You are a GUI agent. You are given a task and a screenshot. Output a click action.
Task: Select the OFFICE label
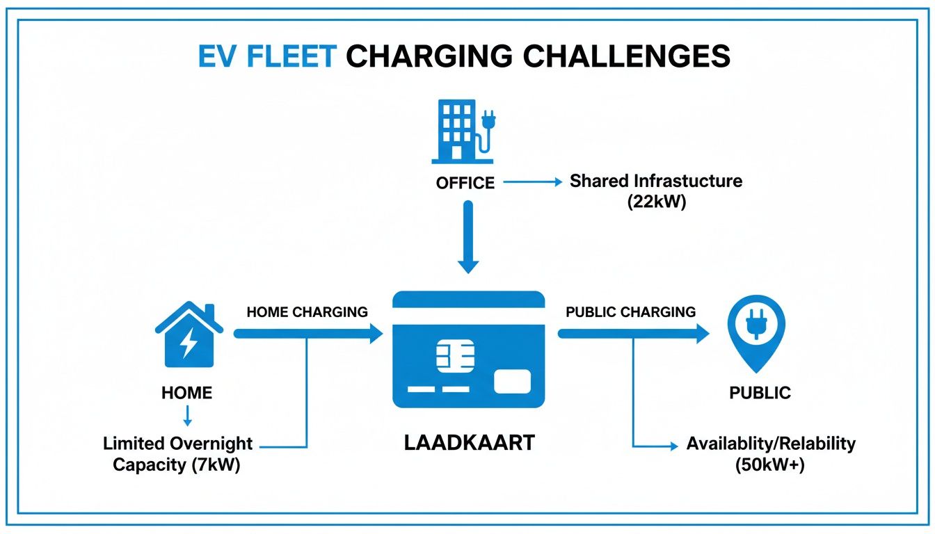[x=465, y=183]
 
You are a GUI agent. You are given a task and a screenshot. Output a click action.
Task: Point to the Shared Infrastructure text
[x=656, y=181]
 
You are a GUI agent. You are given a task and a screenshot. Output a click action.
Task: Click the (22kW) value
[x=656, y=203]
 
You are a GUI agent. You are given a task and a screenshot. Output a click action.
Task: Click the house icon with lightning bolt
[x=189, y=335]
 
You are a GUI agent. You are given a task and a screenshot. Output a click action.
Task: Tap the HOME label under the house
[x=186, y=393]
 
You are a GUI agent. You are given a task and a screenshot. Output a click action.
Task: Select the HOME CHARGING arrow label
[x=307, y=312]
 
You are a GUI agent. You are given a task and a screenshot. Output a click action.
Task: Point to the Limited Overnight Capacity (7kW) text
[x=177, y=454]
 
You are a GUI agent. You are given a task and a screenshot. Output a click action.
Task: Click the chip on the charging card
[x=451, y=357]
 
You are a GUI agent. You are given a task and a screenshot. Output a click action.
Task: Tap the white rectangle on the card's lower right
[x=512, y=381]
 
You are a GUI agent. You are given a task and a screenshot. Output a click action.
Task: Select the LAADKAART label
[x=469, y=444]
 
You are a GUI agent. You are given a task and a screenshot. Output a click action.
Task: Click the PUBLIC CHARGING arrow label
[x=630, y=312]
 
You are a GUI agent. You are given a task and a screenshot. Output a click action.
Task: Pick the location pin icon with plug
[x=756, y=331]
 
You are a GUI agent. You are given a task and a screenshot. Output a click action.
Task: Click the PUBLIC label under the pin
[x=760, y=393]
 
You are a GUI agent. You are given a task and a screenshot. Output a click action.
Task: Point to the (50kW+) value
[x=769, y=465]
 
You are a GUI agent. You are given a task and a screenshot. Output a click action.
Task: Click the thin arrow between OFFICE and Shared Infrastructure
[x=532, y=182]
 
